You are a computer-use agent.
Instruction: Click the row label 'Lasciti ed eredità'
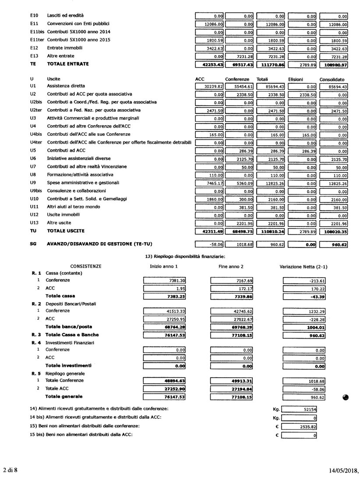[65, 15]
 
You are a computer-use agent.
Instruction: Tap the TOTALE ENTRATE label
[68, 64]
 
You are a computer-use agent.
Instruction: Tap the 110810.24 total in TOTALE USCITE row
[271, 231]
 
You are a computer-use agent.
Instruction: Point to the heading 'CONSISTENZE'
[86, 266]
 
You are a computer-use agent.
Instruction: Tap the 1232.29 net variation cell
[300, 311]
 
